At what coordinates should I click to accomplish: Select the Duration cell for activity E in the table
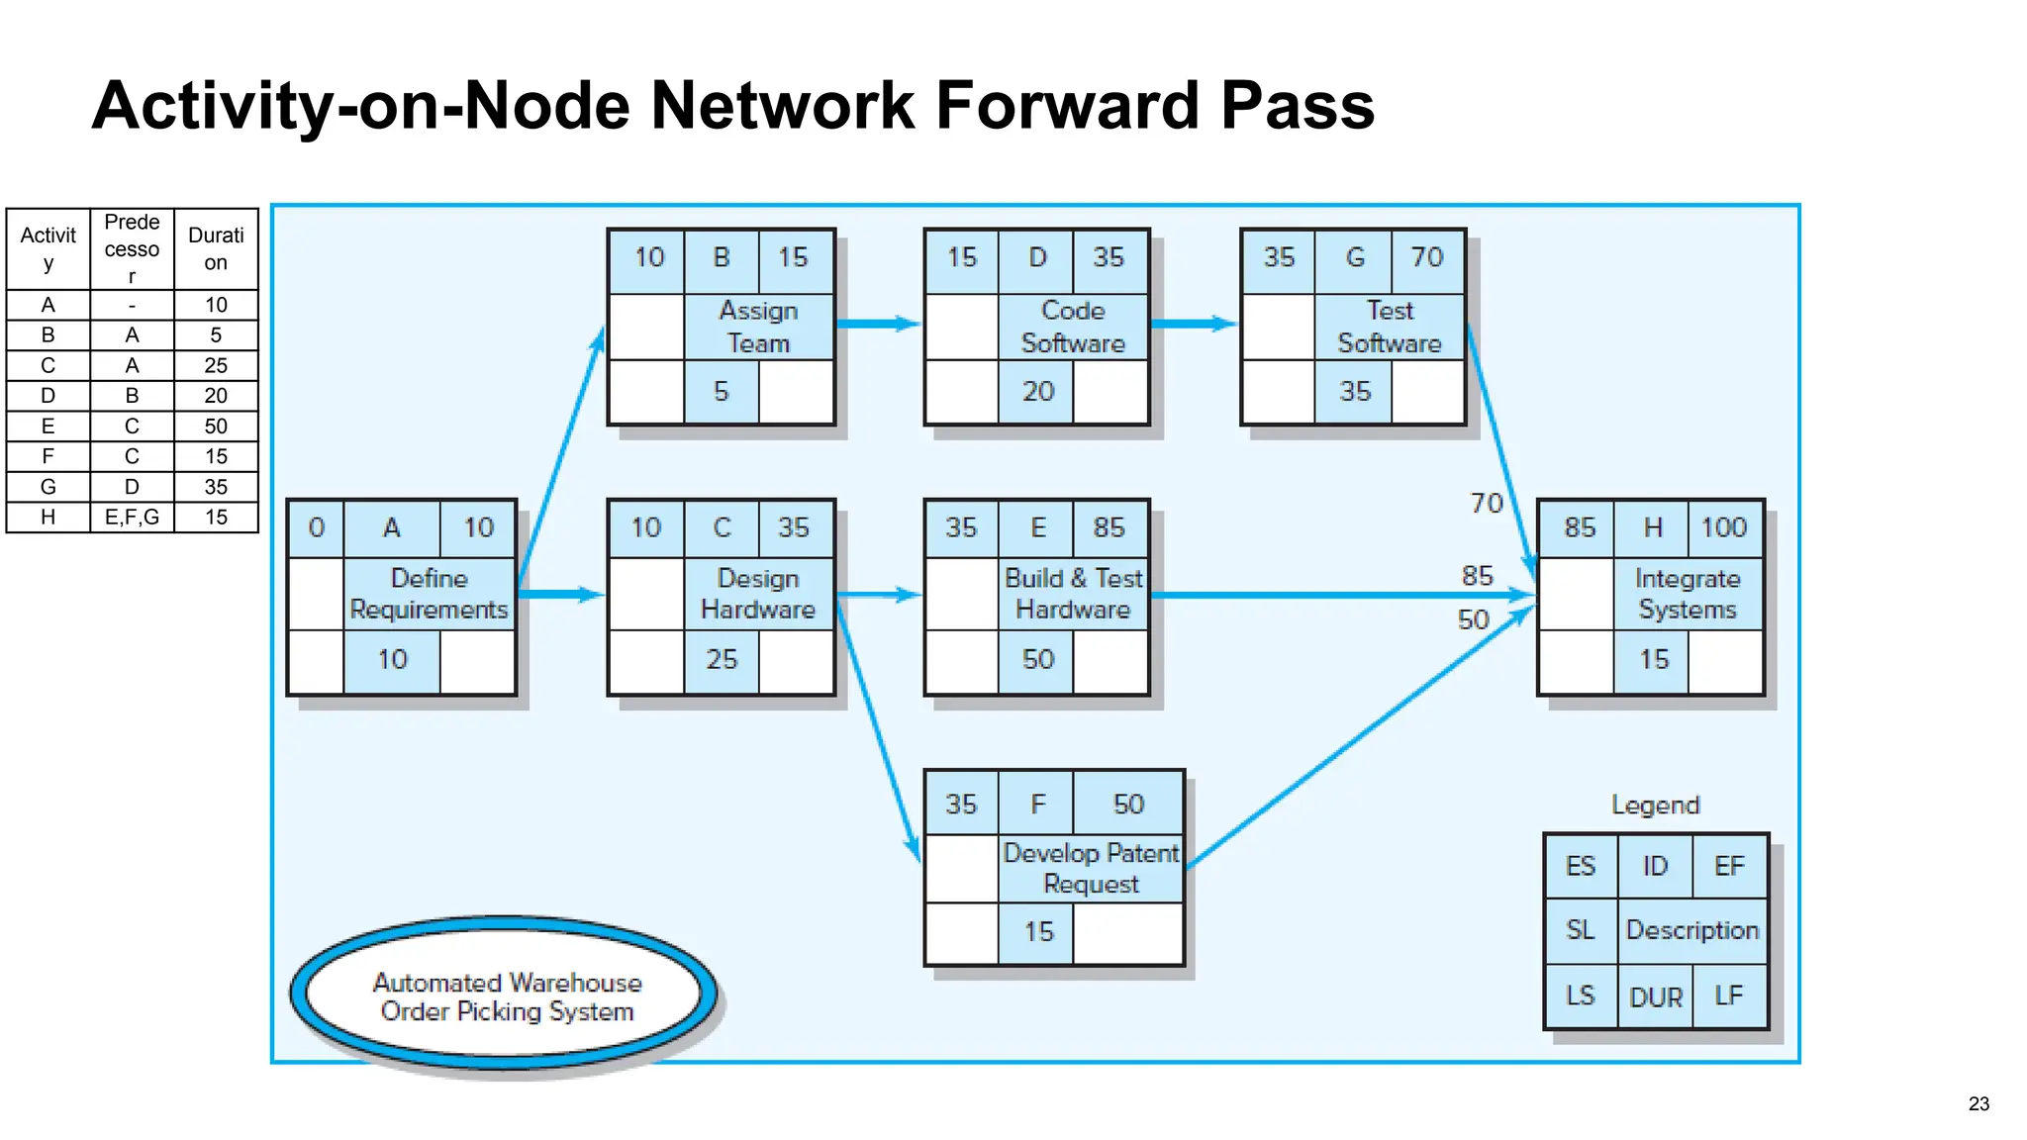(216, 427)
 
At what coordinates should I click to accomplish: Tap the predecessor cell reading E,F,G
(132, 518)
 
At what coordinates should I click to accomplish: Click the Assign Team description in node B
(758, 327)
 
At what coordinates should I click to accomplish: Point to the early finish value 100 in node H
(1723, 527)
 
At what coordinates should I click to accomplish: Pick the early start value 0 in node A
(316, 527)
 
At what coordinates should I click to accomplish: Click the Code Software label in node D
(1073, 327)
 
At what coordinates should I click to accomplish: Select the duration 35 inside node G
(1355, 392)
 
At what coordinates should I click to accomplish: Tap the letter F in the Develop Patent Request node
(1037, 804)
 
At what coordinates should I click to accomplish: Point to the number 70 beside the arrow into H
(1486, 504)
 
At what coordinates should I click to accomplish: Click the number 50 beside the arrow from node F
(1473, 619)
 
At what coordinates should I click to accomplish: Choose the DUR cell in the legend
(1655, 997)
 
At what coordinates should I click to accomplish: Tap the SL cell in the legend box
(1581, 930)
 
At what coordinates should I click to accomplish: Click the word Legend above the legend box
(1655, 805)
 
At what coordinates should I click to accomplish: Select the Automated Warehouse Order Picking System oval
(507, 996)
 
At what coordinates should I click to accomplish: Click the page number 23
(1978, 1103)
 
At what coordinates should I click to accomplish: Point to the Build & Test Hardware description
(1073, 594)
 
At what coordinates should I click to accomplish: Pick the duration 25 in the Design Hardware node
(722, 659)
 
